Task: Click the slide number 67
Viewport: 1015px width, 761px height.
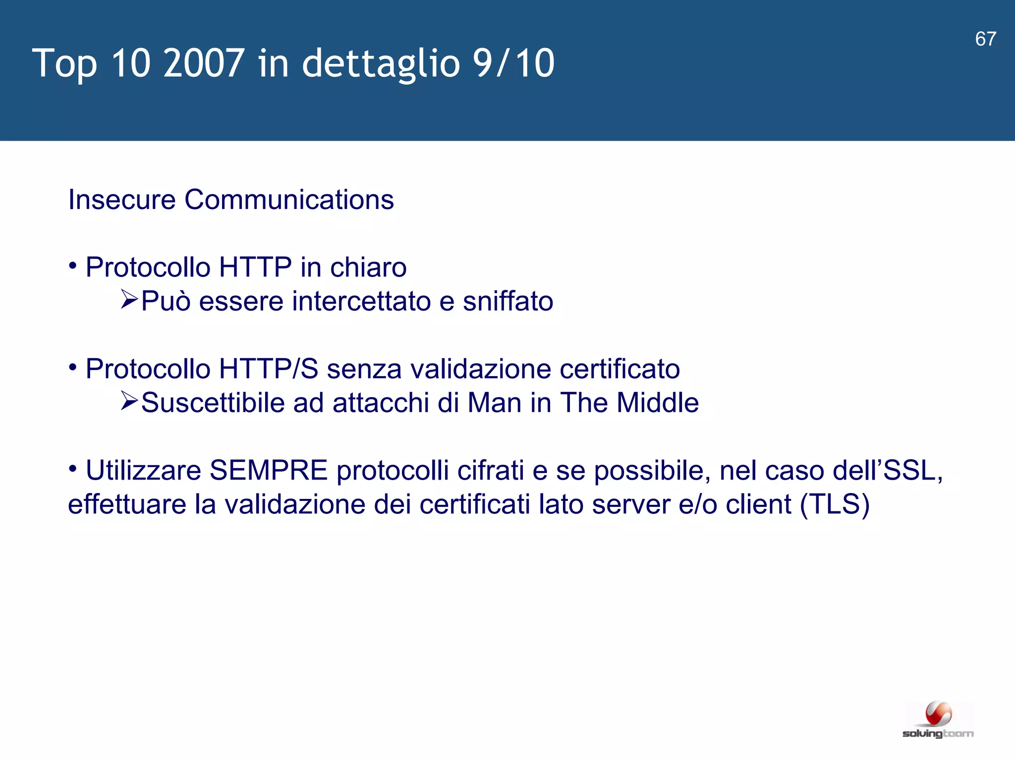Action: click(x=985, y=39)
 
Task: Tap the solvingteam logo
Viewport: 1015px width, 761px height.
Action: click(x=938, y=720)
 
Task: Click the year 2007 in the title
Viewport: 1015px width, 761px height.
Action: click(x=203, y=63)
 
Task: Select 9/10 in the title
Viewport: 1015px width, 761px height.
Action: click(x=513, y=63)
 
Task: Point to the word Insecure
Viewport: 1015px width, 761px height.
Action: click(x=122, y=200)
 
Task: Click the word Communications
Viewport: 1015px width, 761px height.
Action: click(x=289, y=200)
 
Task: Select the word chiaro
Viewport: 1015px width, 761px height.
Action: click(x=368, y=268)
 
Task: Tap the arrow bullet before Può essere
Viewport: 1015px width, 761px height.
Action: click(x=129, y=300)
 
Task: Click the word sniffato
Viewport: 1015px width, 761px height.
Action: click(x=507, y=301)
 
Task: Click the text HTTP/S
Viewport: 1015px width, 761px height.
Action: click(x=268, y=369)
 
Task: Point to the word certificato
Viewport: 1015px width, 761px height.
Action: click(x=620, y=369)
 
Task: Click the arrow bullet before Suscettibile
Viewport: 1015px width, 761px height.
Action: click(x=129, y=401)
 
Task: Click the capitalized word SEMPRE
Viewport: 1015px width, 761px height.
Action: click(x=268, y=470)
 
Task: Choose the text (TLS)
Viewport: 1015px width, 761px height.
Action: click(x=835, y=504)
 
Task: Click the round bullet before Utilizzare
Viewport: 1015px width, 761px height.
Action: click(x=73, y=468)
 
